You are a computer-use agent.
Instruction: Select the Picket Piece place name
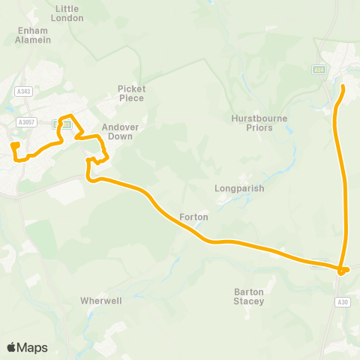(x=131, y=93)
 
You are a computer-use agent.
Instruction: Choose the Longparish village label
(x=239, y=189)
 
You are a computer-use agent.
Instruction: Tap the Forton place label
(x=193, y=217)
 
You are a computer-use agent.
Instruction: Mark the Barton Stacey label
(x=249, y=296)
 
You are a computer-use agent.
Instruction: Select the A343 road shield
(x=22, y=91)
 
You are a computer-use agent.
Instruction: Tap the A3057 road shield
(x=27, y=122)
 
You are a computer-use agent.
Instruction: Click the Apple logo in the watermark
(x=12, y=347)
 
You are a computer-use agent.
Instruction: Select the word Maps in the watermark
(x=33, y=347)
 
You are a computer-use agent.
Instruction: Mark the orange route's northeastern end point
(x=343, y=87)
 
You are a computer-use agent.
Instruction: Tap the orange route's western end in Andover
(x=13, y=143)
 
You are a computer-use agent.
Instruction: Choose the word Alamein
(x=33, y=40)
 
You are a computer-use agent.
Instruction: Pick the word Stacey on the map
(x=249, y=301)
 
